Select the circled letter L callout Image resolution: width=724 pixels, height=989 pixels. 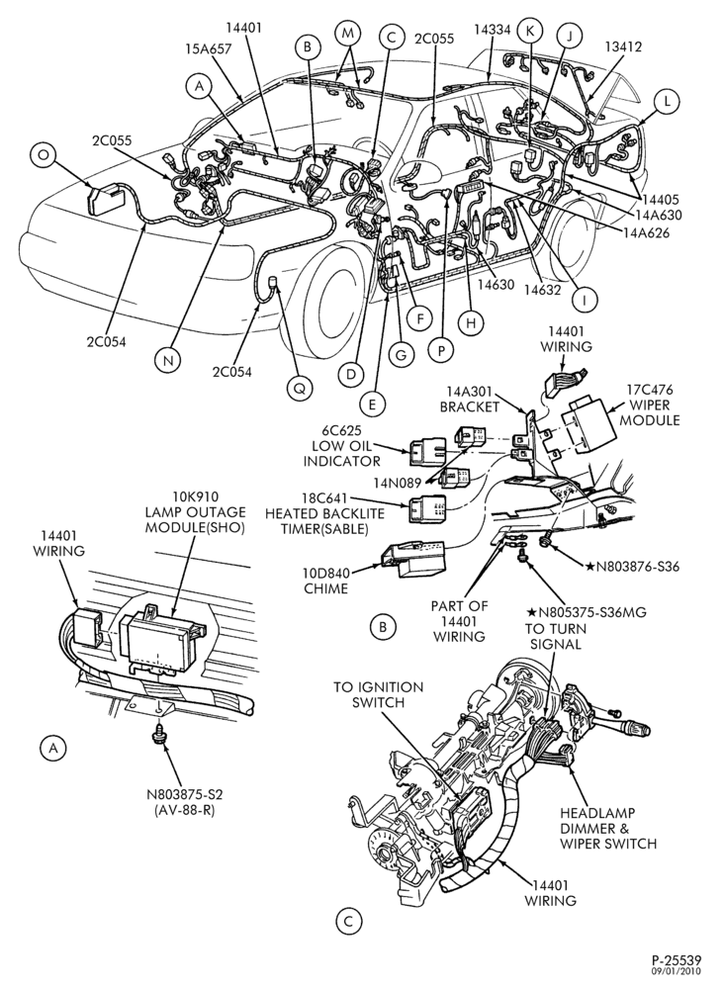[x=668, y=100]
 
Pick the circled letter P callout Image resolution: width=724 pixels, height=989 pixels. [x=441, y=349]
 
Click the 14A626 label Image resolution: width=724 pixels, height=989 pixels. [x=646, y=232]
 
